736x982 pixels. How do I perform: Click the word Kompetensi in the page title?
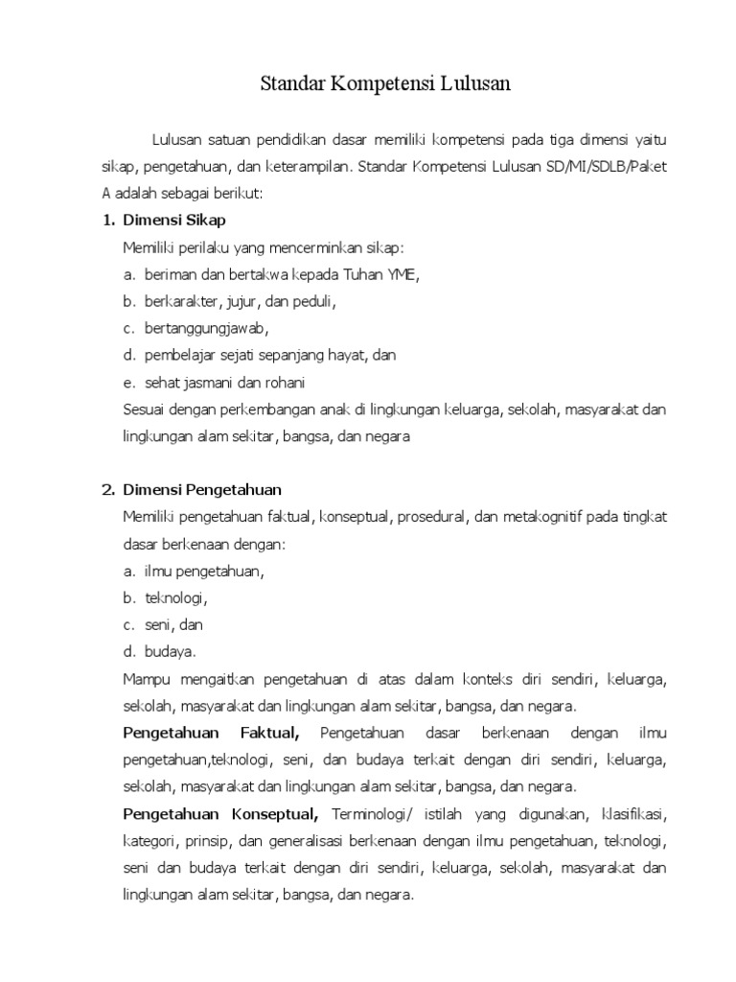[383, 85]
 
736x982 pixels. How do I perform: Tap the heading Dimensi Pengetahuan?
[202, 490]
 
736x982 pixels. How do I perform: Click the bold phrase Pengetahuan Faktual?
[212, 734]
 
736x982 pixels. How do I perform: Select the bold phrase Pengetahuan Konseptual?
[221, 815]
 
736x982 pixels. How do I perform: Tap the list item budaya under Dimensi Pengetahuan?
[171, 652]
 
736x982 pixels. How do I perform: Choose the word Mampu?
[145, 680]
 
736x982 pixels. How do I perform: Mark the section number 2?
[107, 490]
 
